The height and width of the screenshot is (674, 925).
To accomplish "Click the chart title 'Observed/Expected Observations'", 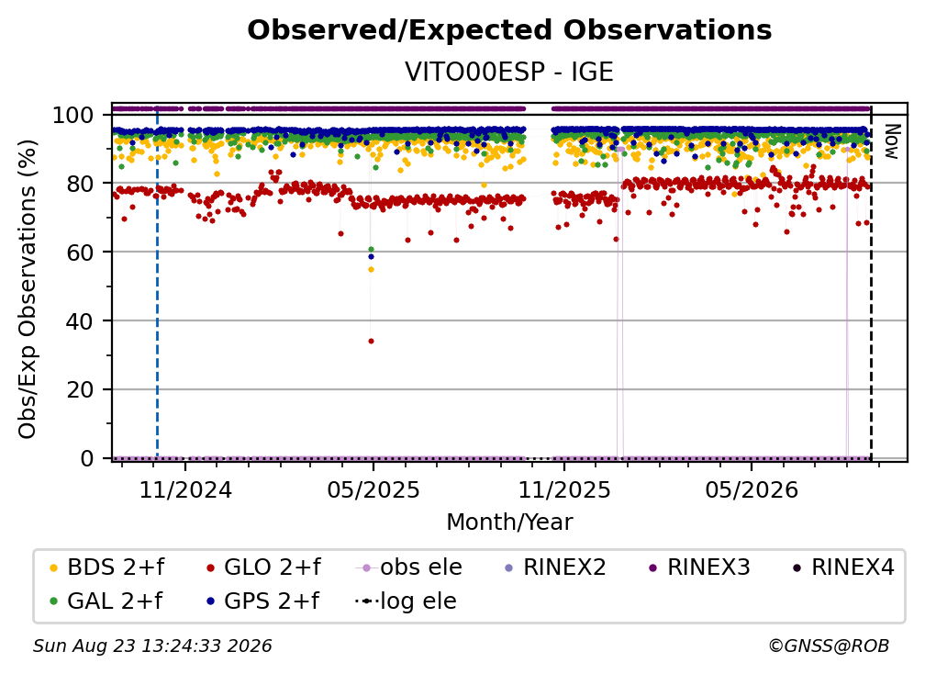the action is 509,30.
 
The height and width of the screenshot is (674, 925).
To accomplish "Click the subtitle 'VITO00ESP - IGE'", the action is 509,72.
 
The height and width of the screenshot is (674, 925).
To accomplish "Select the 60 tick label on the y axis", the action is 80,252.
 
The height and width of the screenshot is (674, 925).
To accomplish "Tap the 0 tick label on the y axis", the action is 87,458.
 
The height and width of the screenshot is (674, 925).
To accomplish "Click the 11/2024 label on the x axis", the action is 185,489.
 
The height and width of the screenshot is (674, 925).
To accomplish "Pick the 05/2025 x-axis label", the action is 373,489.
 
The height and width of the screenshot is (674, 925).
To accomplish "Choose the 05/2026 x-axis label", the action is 752,489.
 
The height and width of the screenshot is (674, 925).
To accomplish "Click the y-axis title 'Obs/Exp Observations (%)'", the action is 28,289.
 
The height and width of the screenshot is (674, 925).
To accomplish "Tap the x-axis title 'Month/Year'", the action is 509,522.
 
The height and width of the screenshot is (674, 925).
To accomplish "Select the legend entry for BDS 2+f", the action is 106,567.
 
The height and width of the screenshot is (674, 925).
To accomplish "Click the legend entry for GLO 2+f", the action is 263,567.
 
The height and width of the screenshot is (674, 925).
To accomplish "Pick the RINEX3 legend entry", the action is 699,567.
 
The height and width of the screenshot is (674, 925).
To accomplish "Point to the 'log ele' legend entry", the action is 406,601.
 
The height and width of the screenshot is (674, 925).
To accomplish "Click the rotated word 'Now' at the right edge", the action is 891,141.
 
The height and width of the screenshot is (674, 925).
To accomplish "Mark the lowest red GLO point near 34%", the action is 371,341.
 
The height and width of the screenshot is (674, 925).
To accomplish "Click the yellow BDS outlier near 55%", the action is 371,270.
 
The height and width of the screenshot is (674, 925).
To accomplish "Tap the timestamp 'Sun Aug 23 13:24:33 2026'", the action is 152,646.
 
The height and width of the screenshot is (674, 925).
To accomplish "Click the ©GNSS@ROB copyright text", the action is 829,646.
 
